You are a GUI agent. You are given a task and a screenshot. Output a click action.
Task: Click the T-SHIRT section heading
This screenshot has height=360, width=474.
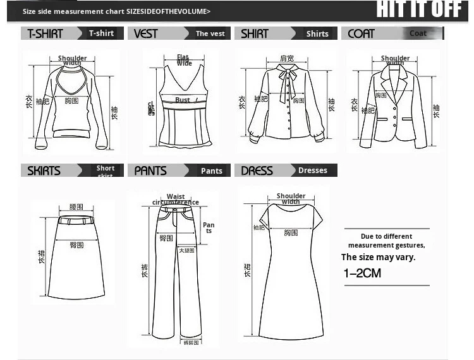[x=46, y=33]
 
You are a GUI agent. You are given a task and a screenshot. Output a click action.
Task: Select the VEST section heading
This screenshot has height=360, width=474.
[x=147, y=33]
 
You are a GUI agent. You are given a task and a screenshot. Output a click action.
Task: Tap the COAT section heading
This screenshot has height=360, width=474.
[x=362, y=33]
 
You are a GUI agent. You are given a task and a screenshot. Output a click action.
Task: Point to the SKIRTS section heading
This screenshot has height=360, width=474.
[x=44, y=171]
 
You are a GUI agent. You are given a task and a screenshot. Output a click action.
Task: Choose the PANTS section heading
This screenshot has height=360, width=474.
[x=151, y=171]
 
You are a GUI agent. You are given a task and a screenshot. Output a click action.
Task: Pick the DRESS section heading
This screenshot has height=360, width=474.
[x=257, y=171]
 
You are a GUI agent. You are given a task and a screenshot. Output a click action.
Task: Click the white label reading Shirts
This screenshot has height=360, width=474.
[x=317, y=33]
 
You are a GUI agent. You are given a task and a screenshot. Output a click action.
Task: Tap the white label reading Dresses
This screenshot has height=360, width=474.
[x=313, y=171]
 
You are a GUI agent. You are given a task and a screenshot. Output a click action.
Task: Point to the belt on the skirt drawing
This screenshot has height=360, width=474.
[x=76, y=220]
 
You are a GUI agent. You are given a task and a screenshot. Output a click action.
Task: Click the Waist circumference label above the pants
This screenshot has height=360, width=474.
[x=176, y=200]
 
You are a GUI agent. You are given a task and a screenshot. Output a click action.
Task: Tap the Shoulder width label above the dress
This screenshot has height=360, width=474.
[x=291, y=199]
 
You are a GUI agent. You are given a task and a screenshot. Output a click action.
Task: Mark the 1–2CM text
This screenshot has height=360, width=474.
[x=362, y=273]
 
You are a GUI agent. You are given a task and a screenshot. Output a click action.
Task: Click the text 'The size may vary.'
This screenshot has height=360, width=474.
[x=379, y=257]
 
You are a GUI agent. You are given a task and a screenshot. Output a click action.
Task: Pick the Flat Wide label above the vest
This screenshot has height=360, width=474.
[x=184, y=60]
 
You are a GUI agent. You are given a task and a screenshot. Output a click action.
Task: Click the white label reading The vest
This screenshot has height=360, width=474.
[x=210, y=33]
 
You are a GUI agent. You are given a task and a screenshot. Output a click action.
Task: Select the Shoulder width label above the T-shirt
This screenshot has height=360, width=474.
[x=73, y=61]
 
